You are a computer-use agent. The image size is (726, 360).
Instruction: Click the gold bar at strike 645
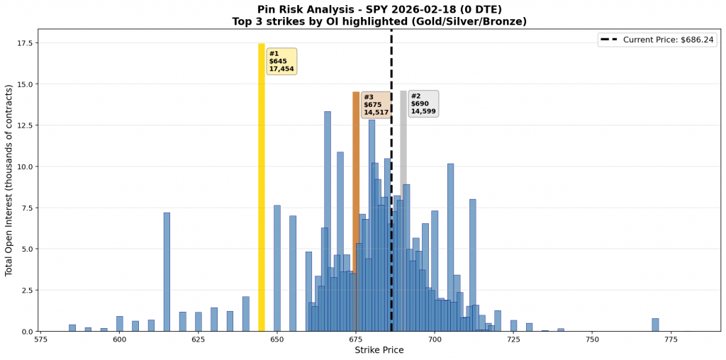261,187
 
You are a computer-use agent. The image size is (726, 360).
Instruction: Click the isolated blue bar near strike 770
655,325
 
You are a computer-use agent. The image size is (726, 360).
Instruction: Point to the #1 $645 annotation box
281,62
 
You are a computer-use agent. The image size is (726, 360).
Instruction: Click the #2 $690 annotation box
423,103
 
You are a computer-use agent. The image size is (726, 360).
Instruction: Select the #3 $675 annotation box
376,105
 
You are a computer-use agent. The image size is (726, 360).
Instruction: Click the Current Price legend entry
657,40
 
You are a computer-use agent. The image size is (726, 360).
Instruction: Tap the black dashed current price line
391,213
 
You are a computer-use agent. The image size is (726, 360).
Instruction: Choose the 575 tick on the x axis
40,340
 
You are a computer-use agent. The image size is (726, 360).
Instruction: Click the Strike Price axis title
379,351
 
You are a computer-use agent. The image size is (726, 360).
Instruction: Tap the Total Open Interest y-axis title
9,180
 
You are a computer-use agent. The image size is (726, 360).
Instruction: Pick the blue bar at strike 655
293,274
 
